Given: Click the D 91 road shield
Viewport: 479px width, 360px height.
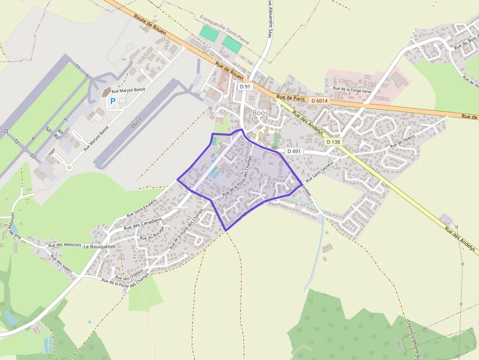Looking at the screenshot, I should pos(245,86).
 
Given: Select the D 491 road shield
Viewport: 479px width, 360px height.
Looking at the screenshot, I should pos(293,151).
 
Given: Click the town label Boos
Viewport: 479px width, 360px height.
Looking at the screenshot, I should pos(260,112).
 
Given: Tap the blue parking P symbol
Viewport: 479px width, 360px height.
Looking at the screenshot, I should pos(113,101).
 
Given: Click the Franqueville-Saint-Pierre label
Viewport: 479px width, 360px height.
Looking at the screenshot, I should pos(224,29).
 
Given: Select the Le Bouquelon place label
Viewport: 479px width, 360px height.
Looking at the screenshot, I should pos(99,247).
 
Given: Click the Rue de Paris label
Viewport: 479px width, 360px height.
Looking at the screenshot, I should pos(290,98).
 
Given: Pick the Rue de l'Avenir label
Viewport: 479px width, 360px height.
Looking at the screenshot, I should pos(403,142).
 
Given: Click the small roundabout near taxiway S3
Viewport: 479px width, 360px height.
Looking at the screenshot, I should pos(69,168).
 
